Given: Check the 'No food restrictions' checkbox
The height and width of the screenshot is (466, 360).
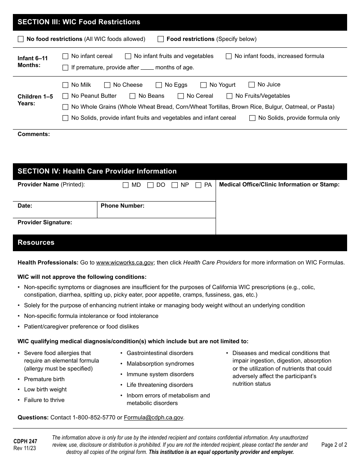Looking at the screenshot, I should [x=20, y=39].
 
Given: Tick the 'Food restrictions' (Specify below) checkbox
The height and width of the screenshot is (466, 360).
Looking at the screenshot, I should [x=161, y=39].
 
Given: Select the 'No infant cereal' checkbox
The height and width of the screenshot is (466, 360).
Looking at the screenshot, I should [x=65, y=56].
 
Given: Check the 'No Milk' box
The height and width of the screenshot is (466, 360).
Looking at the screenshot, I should [x=65, y=85].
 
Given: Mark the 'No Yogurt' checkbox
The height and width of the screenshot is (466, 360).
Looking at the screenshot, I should [x=203, y=85].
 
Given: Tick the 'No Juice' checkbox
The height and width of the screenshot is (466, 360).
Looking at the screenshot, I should [x=252, y=84].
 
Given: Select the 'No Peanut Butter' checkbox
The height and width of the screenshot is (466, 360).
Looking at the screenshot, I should [x=65, y=96].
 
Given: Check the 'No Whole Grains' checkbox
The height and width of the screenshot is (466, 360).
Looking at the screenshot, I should [x=65, y=107].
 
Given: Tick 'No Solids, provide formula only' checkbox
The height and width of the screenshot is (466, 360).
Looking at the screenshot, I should [x=252, y=118].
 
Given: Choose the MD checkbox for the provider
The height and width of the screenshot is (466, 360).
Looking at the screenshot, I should [x=126, y=185].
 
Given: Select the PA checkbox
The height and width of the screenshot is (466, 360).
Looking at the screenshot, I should [x=198, y=185].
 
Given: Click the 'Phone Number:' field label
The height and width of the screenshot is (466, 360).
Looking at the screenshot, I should [x=122, y=206].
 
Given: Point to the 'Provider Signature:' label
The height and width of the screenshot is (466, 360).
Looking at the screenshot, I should [x=45, y=222].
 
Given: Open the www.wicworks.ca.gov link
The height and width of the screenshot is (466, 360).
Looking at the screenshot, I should [x=125, y=263].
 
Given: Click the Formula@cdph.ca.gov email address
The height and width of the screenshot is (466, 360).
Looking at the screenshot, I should [x=153, y=418].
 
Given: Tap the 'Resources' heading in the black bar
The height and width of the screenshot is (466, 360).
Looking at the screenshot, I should [x=36, y=242].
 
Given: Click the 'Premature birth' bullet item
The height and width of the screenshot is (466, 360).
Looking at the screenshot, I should [x=44, y=379].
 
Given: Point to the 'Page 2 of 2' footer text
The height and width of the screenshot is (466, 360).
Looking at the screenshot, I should [x=334, y=445].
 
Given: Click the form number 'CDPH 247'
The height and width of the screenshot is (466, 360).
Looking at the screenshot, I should [x=25, y=441].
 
